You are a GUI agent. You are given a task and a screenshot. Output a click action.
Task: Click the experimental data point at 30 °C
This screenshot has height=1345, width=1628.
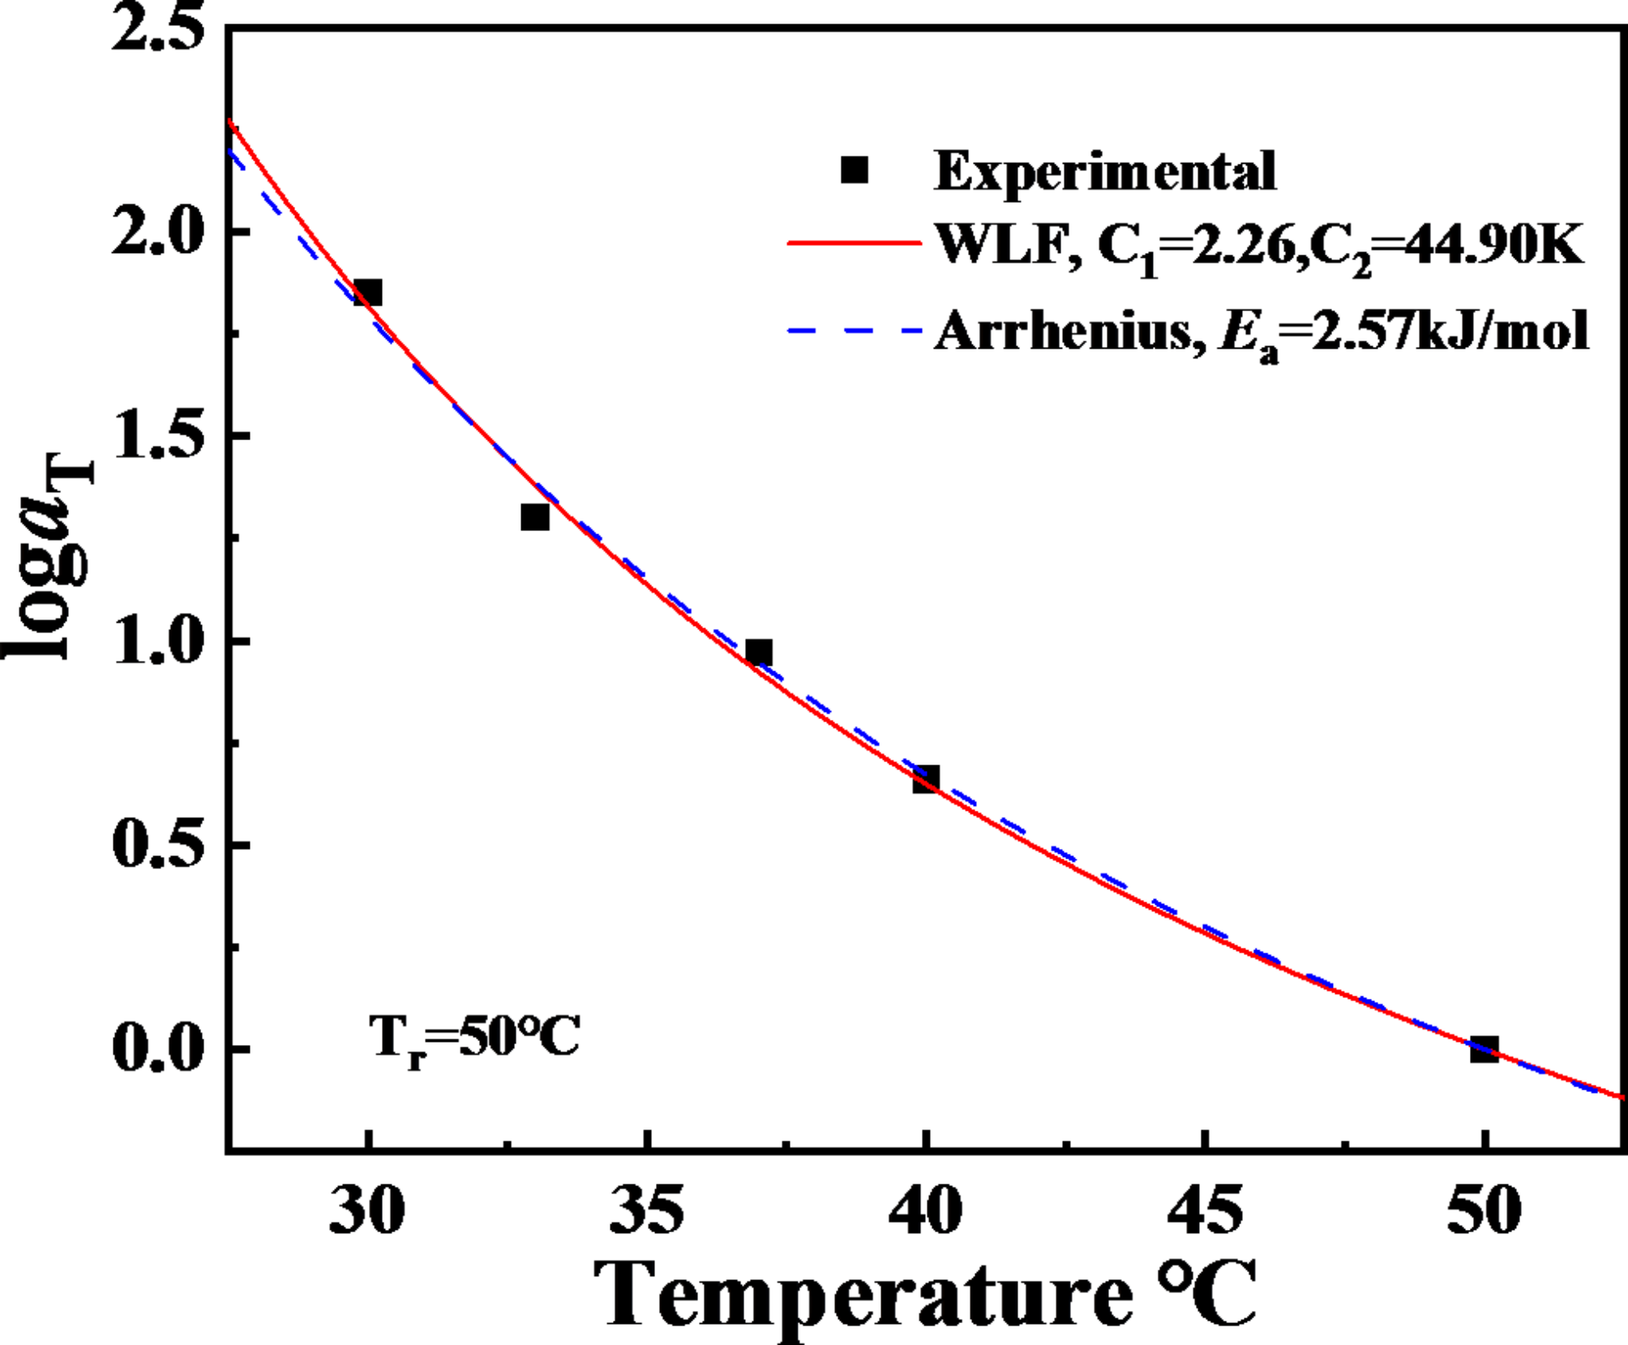click(x=368, y=293)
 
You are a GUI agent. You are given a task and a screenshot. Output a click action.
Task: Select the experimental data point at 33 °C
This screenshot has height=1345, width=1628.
click(x=535, y=516)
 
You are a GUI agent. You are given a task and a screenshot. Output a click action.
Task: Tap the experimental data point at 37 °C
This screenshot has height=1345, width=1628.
click(x=759, y=652)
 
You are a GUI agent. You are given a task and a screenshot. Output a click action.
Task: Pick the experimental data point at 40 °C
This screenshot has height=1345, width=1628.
click(x=926, y=779)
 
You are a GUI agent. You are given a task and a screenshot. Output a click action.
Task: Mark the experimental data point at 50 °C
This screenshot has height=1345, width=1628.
click(x=1484, y=1049)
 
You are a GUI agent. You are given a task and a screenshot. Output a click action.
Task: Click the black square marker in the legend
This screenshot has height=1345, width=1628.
click(x=855, y=170)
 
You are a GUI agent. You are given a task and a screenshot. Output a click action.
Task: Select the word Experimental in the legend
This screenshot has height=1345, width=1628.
click(x=1105, y=171)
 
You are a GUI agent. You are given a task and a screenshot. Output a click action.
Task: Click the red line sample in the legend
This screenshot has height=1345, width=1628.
click(x=855, y=242)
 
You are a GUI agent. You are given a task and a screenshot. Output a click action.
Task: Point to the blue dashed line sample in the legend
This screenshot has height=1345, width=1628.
click(x=855, y=330)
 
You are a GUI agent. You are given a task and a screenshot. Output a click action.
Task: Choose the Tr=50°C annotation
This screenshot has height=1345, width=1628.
click(x=474, y=1037)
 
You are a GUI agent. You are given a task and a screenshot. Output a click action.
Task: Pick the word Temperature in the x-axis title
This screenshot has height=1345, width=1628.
click(x=863, y=1296)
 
